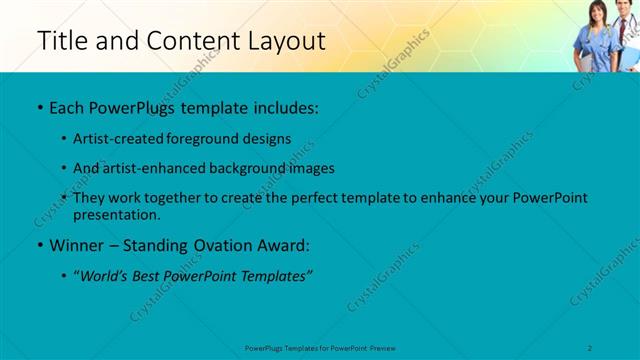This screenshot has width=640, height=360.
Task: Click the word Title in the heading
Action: click(x=59, y=42)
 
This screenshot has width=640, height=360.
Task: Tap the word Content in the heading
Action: click(x=186, y=42)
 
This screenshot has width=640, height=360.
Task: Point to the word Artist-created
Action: click(x=119, y=140)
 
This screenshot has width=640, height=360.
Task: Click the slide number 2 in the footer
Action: click(x=591, y=347)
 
